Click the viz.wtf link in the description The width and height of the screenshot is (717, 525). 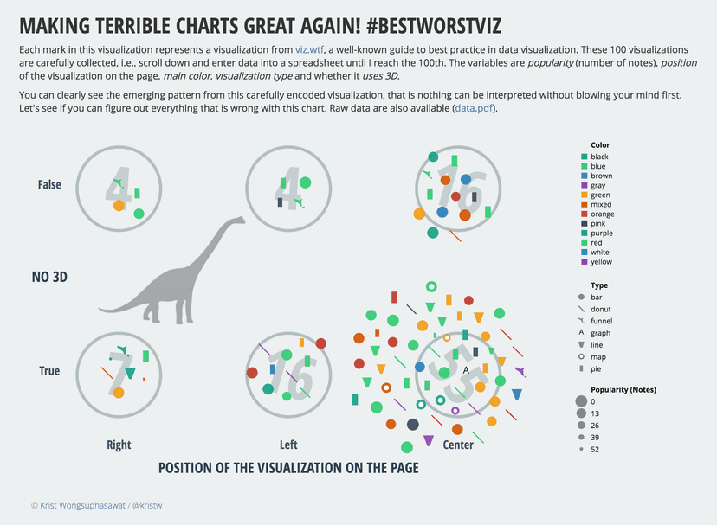click(x=310, y=49)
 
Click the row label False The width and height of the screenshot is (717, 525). click(x=49, y=184)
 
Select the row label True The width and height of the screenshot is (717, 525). click(x=49, y=371)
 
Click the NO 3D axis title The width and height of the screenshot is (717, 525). click(x=49, y=278)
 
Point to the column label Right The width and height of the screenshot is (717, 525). click(x=119, y=445)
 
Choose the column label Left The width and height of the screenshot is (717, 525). click(x=288, y=445)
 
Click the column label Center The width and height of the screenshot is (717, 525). click(x=458, y=445)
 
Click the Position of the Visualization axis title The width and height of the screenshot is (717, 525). click(x=288, y=468)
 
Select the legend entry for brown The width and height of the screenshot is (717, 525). click(x=601, y=176)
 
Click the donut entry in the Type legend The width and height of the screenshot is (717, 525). click(x=601, y=309)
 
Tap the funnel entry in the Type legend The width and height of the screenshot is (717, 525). click(x=602, y=321)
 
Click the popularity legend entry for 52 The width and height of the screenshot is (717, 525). click(x=595, y=450)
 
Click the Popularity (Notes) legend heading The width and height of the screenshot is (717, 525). click(x=623, y=389)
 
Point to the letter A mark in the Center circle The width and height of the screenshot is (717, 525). click(x=466, y=370)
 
